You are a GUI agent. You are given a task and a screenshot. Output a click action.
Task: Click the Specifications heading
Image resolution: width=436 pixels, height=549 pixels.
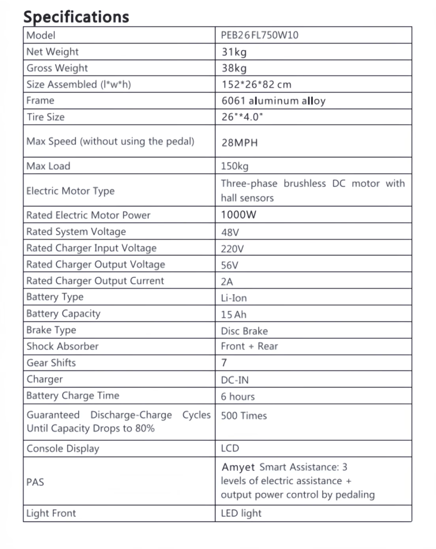pos(76,16)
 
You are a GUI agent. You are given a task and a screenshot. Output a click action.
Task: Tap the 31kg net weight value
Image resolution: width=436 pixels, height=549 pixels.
pos(234,52)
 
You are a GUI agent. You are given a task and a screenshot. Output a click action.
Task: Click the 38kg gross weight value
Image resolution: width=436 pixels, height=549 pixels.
pos(235,68)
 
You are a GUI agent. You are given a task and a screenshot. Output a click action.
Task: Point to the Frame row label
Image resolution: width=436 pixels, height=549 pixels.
pos(40,100)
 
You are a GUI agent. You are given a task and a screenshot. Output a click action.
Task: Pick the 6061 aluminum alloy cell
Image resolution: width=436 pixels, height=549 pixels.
pos(273,101)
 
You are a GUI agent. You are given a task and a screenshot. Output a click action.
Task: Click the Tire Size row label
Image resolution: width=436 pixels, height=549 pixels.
pos(46,117)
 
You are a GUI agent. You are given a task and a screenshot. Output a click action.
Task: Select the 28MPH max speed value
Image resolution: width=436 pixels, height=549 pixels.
pos(239,143)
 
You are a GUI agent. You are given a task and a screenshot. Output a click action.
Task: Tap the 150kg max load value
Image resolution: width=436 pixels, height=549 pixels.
pos(235,166)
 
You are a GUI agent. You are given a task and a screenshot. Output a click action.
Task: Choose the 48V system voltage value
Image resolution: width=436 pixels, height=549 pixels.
pos(230,232)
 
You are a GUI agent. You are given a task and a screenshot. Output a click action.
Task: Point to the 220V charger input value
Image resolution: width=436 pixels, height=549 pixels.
pos(232,248)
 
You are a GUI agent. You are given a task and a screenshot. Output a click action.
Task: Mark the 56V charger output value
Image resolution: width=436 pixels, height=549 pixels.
pos(230,265)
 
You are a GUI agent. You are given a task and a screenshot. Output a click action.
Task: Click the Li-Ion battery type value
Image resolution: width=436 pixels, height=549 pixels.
pos(234,298)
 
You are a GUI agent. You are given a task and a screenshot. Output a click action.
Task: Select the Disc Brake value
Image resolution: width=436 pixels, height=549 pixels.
pos(244,331)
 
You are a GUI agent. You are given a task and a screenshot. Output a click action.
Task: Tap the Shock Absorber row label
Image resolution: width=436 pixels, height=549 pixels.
pos(63,346)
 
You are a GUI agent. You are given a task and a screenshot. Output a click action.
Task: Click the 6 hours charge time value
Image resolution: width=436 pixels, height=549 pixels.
pos(238,397)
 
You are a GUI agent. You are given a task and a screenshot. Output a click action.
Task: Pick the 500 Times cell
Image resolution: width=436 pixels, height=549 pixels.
pos(244,416)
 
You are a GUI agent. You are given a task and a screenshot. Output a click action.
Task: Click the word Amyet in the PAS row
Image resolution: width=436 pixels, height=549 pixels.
pos(238,467)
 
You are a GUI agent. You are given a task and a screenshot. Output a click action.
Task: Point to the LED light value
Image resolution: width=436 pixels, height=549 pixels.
pos(241,513)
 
